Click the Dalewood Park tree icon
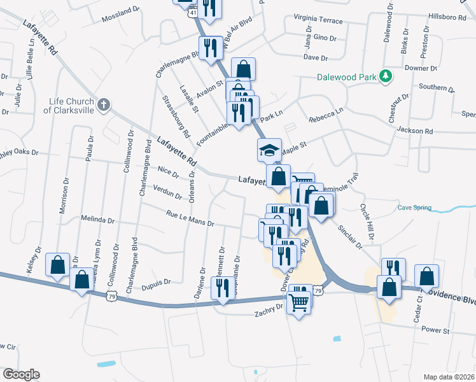(x=384, y=76)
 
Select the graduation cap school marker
(x=269, y=151)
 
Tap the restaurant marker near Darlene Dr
(x=222, y=288)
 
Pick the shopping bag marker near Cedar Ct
(x=427, y=276)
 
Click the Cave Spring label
(x=414, y=208)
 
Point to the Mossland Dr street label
(x=120, y=11)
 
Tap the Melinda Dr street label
(x=98, y=220)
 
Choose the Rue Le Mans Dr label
(x=190, y=219)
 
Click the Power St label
(x=436, y=330)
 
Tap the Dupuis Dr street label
(x=155, y=281)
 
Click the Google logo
(x=21, y=374)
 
